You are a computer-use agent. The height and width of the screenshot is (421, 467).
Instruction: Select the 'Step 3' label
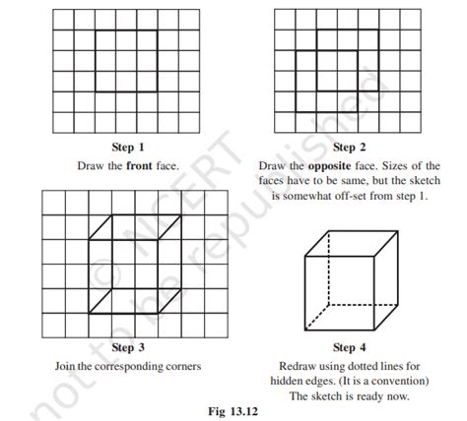point(125,348)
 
